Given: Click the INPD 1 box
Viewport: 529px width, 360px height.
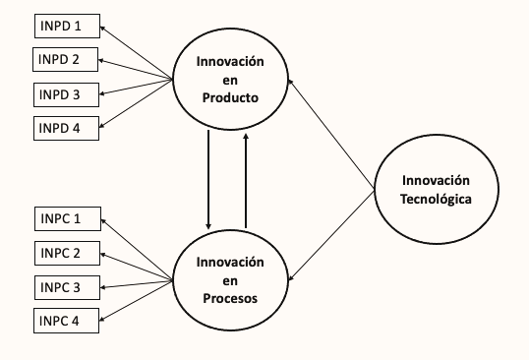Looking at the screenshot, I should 68,26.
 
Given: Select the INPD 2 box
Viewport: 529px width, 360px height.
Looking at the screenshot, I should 68,59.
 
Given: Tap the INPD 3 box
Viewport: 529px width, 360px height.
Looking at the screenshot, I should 68,94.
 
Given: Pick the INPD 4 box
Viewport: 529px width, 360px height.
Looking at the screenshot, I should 68,127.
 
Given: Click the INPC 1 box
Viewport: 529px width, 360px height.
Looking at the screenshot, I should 68,217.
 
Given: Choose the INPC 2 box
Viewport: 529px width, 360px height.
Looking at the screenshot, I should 68,253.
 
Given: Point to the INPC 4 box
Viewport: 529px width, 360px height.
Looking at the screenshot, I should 68,320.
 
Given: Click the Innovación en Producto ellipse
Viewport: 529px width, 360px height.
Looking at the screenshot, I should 230,80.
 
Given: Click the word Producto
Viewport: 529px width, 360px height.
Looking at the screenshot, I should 230,97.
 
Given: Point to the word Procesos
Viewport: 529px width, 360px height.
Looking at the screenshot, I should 230,298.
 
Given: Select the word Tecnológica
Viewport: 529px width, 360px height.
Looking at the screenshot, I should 437,199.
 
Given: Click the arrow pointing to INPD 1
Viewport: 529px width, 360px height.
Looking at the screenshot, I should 138,51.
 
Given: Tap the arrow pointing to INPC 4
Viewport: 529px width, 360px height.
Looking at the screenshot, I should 138,298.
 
